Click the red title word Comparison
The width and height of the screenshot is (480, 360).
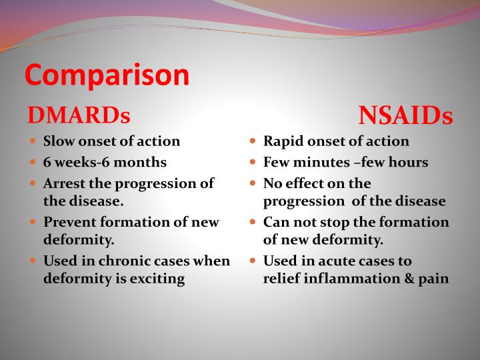pyautogui.click(x=107, y=75)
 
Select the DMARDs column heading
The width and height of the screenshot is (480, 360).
pyautogui.click(x=78, y=115)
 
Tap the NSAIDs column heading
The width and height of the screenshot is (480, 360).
pyautogui.click(x=405, y=115)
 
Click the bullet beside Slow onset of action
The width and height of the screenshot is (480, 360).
pyautogui.click(x=33, y=142)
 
